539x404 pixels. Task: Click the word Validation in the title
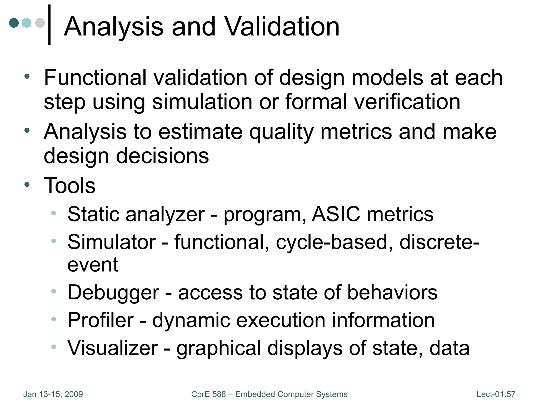(x=282, y=27)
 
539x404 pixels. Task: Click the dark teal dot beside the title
(x=14, y=23)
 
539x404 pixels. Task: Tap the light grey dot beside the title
(x=40, y=23)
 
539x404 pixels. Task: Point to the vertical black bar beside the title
(x=49, y=25)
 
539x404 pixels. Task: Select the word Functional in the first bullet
(x=95, y=78)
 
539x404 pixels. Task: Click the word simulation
(x=202, y=102)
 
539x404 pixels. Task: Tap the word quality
(x=281, y=132)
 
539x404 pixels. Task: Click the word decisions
(x=162, y=156)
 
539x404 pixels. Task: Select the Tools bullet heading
(x=69, y=185)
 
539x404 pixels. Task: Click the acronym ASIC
(x=336, y=214)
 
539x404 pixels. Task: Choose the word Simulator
(x=112, y=242)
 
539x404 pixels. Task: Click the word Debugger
(x=113, y=293)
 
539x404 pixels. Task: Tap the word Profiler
(x=101, y=320)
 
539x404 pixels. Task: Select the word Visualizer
(x=113, y=348)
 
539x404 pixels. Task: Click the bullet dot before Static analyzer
(x=54, y=213)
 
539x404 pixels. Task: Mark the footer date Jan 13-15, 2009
(x=53, y=394)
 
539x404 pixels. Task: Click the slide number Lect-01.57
(x=496, y=394)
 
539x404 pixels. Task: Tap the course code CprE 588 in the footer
(x=208, y=394)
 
